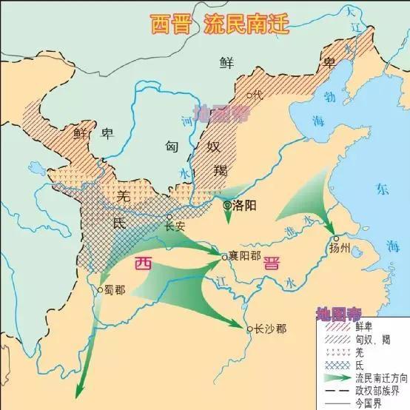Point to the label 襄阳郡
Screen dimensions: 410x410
(246, 257)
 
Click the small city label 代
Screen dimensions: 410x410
(258, 95)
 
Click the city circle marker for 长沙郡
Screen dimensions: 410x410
(249, 328)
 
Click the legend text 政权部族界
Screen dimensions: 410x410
(370, 389)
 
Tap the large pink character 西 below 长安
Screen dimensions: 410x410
(143, 263)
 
